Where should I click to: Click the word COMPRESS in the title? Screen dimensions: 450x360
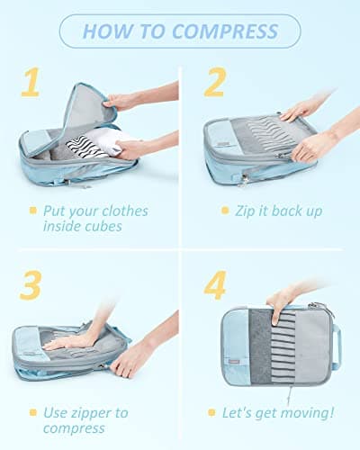226,31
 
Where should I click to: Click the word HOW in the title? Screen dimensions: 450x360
107,31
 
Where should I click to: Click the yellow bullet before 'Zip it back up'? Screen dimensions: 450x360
225,211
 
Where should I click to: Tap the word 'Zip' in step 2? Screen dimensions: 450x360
249,211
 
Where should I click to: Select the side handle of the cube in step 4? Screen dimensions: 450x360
337,346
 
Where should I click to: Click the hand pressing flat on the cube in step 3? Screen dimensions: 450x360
72,340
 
